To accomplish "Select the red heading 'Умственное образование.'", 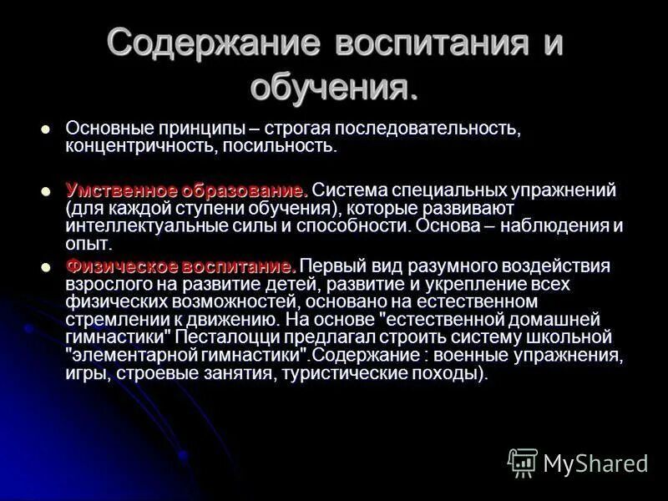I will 187,190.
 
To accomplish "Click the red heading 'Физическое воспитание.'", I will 180,266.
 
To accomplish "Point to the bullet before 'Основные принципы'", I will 46,129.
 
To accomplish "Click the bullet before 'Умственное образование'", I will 46,190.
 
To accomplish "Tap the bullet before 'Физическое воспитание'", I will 46,267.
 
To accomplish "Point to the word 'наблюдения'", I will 547,225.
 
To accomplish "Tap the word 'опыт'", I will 87,244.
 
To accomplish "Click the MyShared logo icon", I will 523,462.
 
